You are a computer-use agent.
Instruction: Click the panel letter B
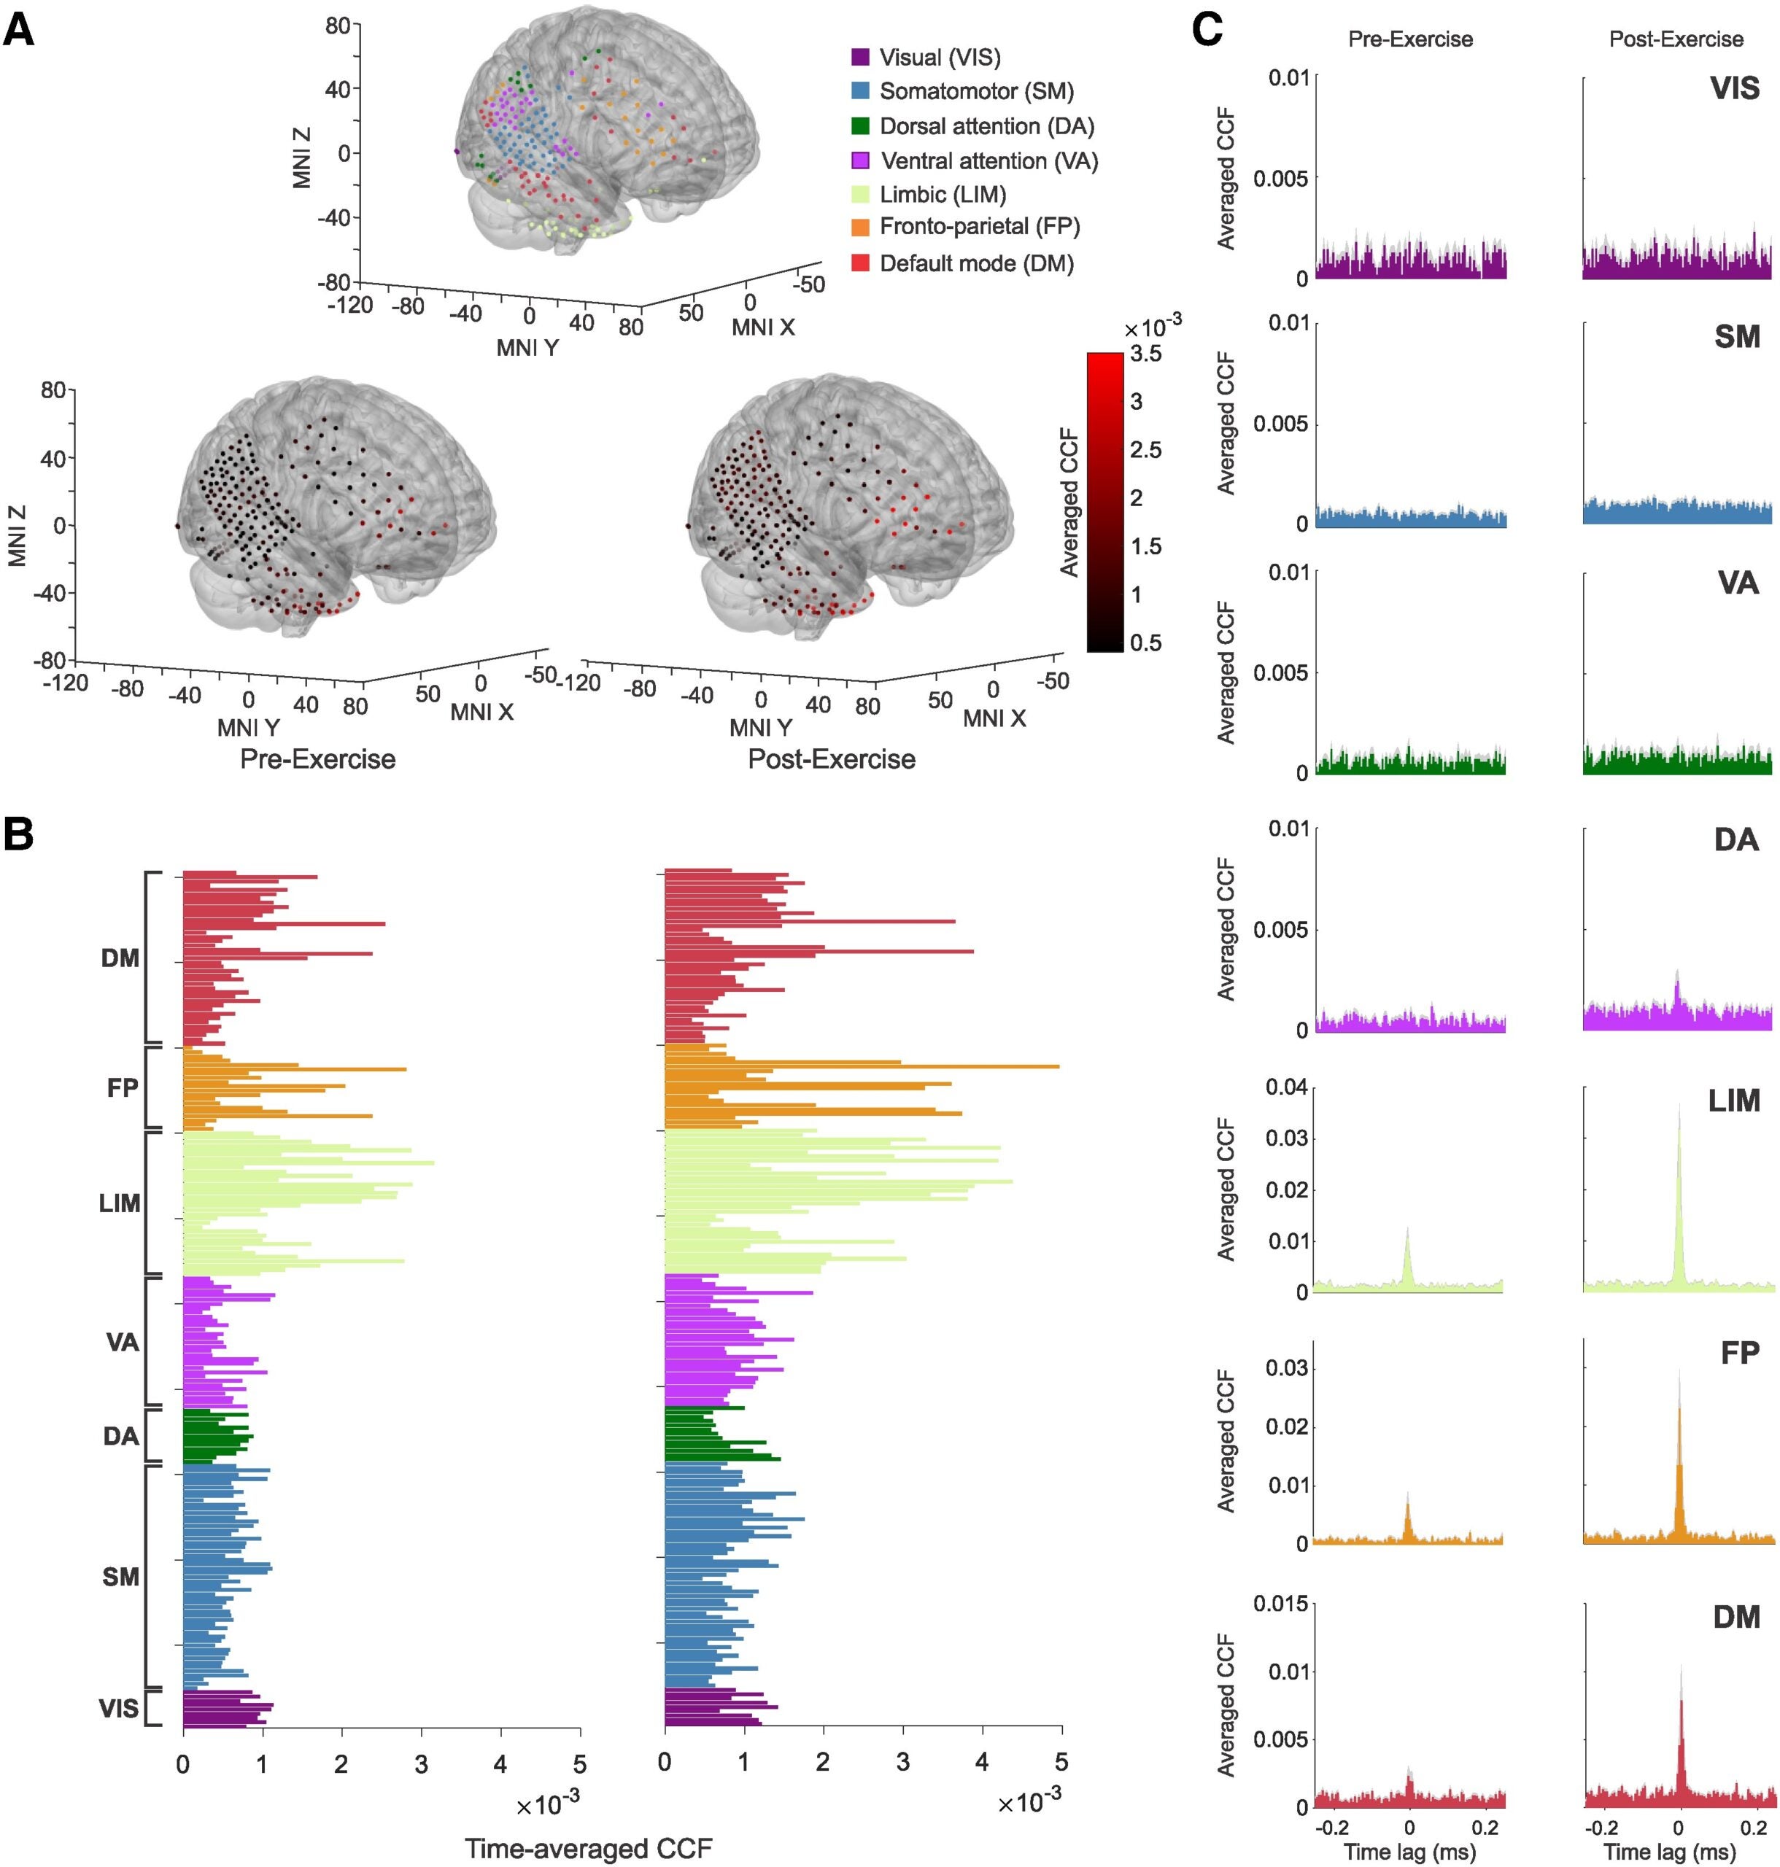[x=19, y=835]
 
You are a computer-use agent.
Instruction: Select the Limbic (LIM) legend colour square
[x=859, y=195]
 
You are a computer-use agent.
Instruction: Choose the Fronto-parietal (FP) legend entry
[x=978, y=228]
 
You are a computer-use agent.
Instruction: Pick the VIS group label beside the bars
[x=119, y=1709]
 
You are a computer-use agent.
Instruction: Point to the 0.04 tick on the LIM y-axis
[x=1287, y=1086]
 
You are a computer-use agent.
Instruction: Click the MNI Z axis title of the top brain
[x=302, y=158]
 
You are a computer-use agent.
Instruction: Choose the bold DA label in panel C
[x=1735, y=841]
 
